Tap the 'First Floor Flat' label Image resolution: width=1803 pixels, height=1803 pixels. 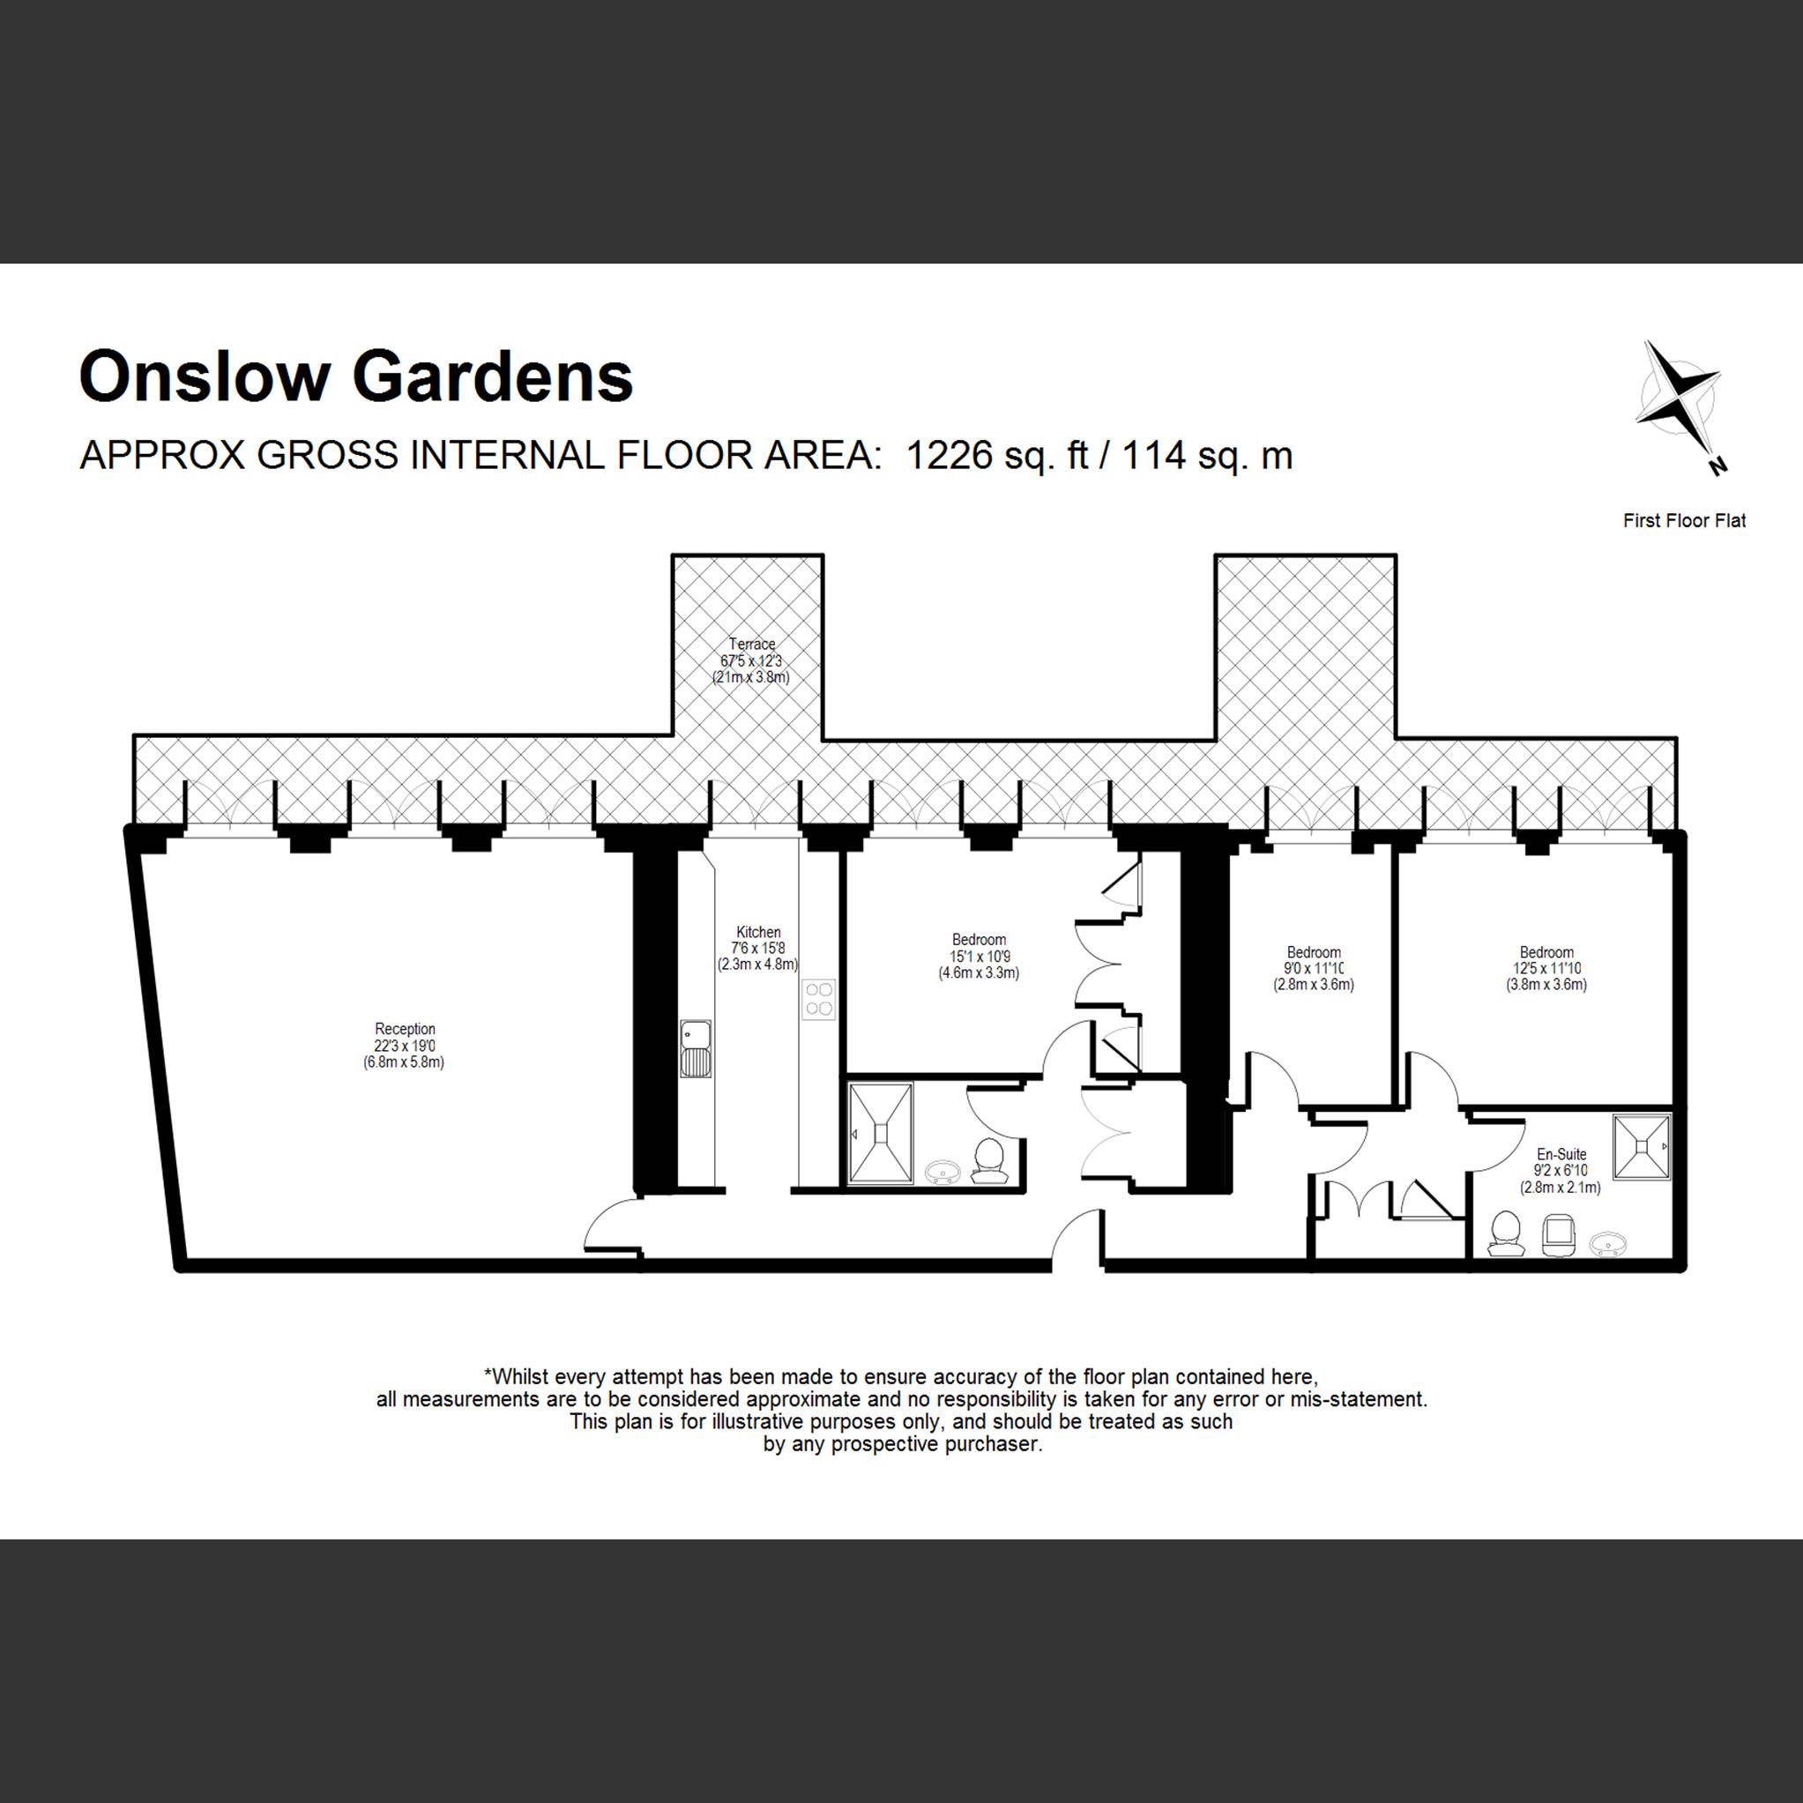[1684, 521]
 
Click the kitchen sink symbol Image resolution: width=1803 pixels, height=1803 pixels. [696, 1049]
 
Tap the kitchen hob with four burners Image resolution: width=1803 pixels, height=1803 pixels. [819, 999]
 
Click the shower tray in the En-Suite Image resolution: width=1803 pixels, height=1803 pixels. [1641, 1146]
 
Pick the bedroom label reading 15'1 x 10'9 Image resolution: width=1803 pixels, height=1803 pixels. [979, 956]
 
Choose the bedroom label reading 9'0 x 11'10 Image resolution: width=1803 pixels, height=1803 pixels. [1313, 968]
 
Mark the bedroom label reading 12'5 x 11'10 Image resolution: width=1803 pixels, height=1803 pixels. [1546, 968]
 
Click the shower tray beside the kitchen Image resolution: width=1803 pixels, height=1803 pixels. [879, 1133]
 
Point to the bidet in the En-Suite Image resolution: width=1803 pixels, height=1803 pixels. [1558, 1234]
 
